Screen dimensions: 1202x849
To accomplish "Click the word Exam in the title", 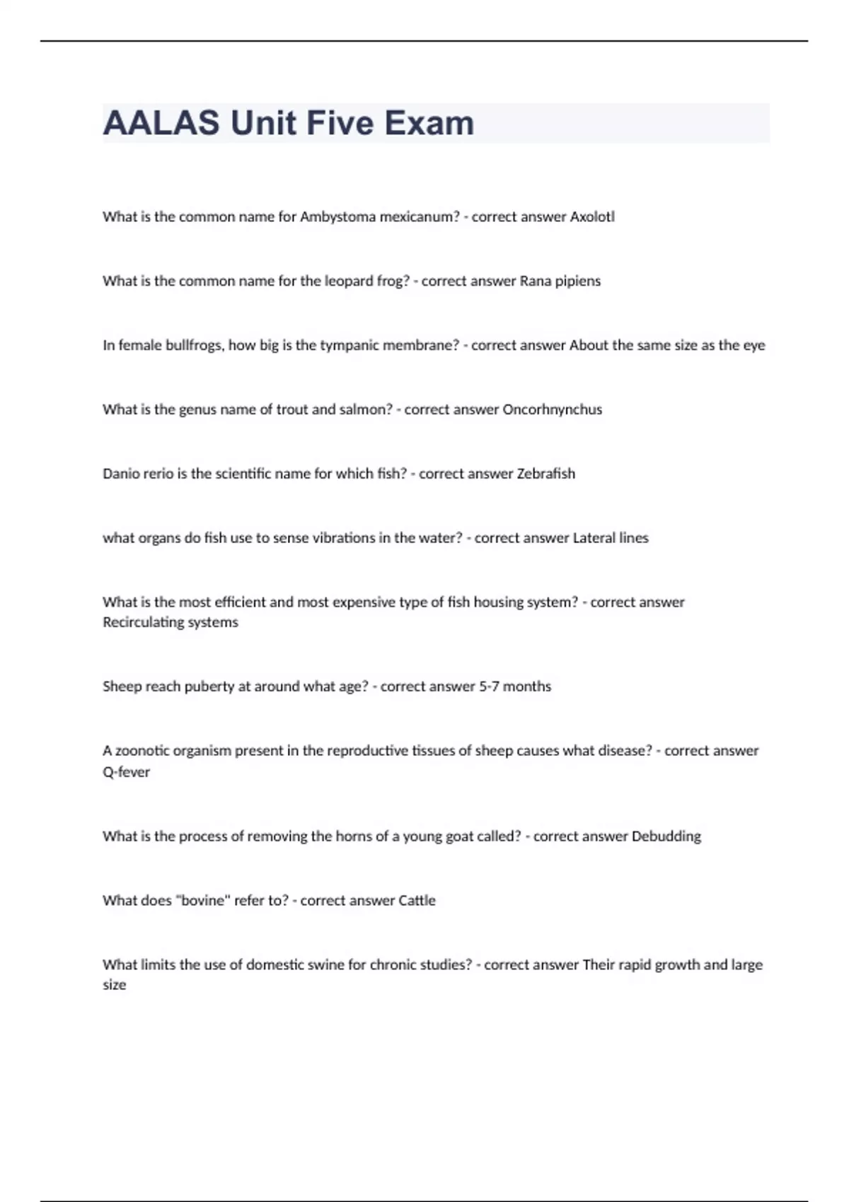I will tap(429, 123).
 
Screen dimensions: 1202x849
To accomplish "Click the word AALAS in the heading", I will tap(161, 123).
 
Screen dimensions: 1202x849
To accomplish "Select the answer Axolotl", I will tap(592, 216).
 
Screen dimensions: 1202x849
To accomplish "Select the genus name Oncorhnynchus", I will tap(552, 409).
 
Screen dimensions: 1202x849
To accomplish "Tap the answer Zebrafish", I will tap(545, 474).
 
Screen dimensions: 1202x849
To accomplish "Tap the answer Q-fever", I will tap(127, 772).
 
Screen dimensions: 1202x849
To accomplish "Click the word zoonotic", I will tap(144, 751).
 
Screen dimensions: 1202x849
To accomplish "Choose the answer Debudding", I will tap(666, 836).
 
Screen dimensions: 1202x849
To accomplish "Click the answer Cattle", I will tap(417, 901).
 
